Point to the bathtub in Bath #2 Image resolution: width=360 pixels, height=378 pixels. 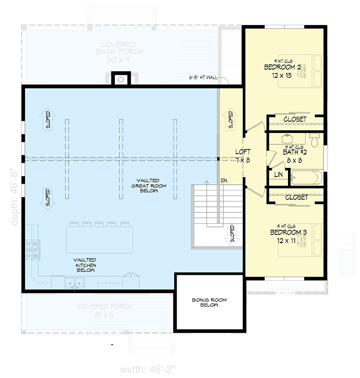coord(306,178)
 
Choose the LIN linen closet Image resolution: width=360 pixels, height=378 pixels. coord(278,175)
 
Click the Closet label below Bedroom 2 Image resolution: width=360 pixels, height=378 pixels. coord(295,119)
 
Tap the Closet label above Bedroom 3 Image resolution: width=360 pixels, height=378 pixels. coord(296,197)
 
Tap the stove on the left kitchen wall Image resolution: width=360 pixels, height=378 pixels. coord(33,249)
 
